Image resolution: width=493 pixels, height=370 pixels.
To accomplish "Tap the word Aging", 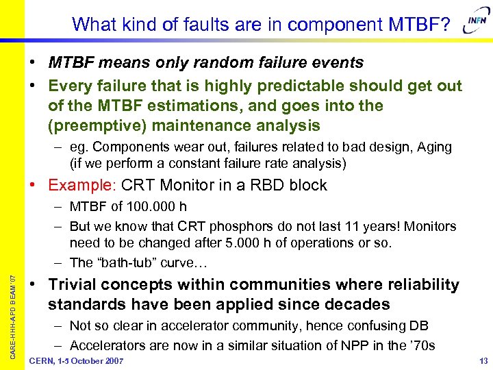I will pyautogui.click(x=433, y=147).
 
